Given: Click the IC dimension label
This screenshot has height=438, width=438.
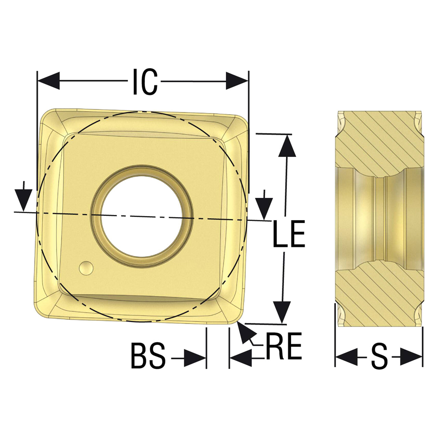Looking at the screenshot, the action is click(145, 81).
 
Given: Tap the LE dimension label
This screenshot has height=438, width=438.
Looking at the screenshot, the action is click(289, 234).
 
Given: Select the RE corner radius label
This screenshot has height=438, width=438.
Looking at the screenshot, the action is click(284, 346).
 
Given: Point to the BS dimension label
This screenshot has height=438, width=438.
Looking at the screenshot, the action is click(148, 356).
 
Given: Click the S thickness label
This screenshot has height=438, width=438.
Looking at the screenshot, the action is click(379, 356).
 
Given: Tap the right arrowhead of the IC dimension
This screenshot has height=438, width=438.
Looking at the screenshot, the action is click(237, 81).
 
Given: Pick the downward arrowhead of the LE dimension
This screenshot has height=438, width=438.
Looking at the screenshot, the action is click(282, 312).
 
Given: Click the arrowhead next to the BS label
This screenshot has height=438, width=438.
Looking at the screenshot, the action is click(195, 358).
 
